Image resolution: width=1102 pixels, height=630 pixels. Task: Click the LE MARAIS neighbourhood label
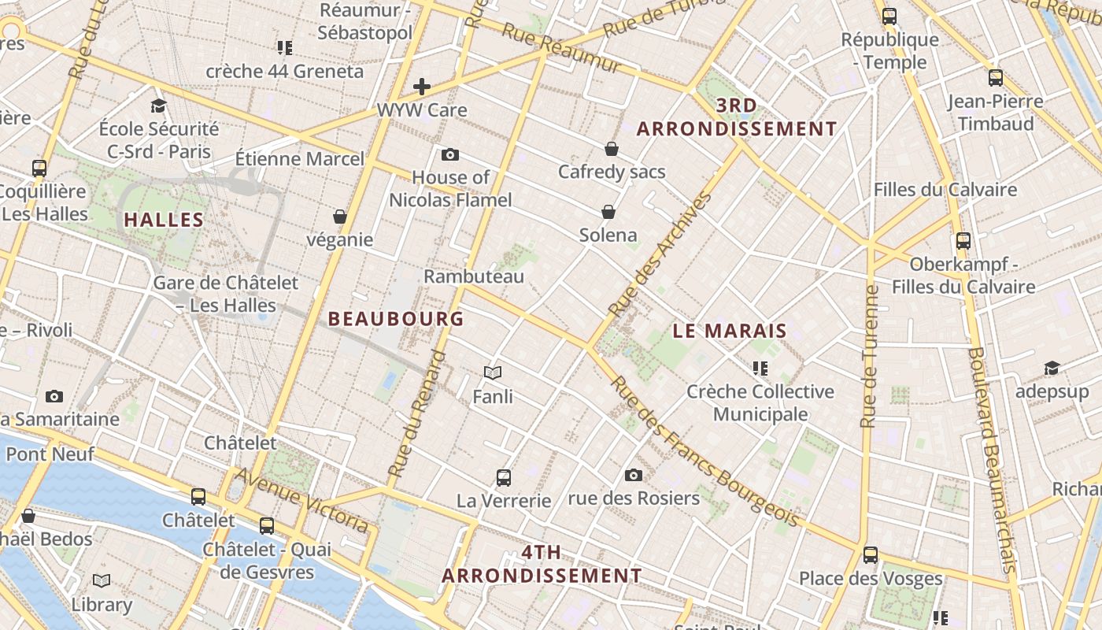(x=730, y=331)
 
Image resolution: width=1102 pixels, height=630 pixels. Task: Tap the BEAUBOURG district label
(x=396, y=319)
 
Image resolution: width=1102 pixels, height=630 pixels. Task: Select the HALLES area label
(x=164, y=220)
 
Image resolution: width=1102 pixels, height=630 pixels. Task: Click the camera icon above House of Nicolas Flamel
(x=450, y=154)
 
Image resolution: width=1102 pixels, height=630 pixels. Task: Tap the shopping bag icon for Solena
(x=608, y=212)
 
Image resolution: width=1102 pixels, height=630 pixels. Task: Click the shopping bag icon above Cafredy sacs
(x=612, y=149)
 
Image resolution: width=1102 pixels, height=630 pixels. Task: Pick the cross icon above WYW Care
(x=422, y=87)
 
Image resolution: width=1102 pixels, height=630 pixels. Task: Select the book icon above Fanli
(x=493, y=372)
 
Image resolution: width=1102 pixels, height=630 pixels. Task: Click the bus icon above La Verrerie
(x=504, y=477)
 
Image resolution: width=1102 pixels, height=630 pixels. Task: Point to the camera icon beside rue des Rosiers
(x=634, y=475)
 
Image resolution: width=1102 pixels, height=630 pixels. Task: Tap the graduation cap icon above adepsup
(x=1052, y=369)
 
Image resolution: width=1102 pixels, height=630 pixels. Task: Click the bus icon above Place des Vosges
(x=871, y=554)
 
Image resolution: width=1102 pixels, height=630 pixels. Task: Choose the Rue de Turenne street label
(x=869, y=356)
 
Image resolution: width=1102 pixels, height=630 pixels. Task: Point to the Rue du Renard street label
(x=417, y=413)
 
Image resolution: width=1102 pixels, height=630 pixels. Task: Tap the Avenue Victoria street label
(x=301, y=499)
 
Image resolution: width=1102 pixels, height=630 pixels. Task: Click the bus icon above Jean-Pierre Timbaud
(x=996, y=78)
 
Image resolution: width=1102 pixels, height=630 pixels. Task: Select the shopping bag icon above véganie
(x=340, y=217)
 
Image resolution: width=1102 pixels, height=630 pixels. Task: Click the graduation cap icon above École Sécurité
(x=159, y=106)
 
